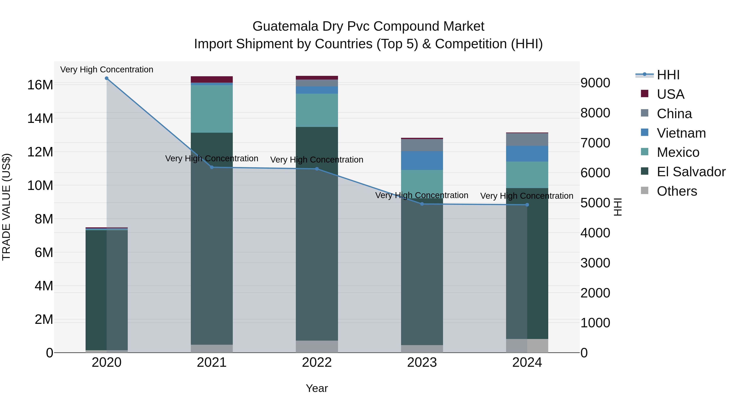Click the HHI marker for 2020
106,78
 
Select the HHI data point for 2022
317,169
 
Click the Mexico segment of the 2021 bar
212,109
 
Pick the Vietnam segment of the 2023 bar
422,160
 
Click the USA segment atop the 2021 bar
212,80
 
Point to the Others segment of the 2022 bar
317,347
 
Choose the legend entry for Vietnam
681,133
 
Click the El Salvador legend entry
691,172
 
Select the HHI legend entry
668,75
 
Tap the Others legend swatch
645,191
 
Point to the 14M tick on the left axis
40,118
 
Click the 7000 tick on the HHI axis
595,143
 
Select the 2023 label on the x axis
422,362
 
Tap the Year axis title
317,388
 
